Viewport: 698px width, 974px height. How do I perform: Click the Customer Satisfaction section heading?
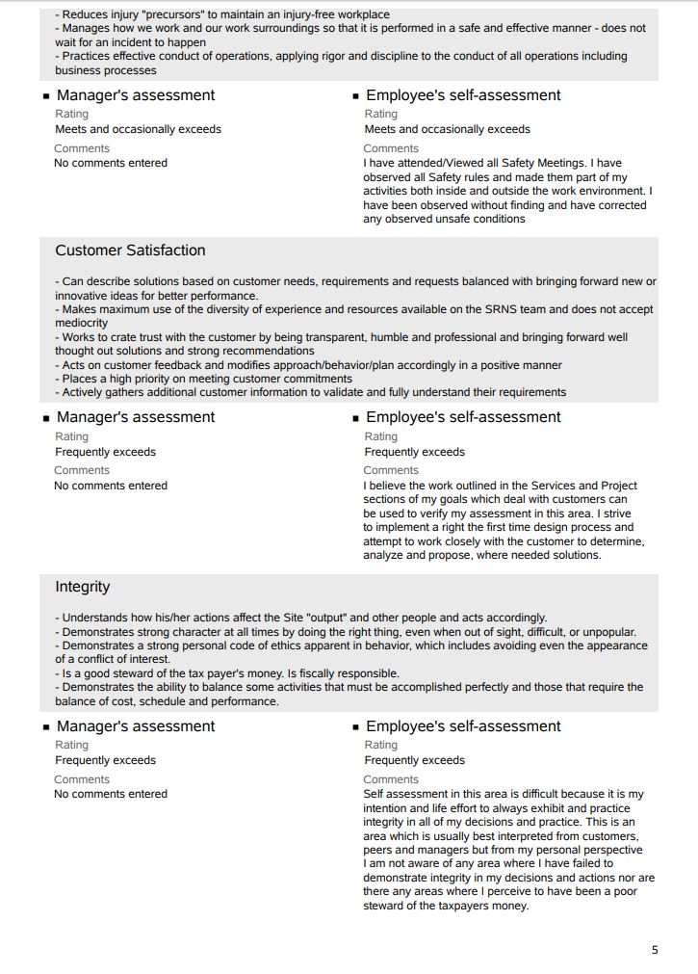[130, 250]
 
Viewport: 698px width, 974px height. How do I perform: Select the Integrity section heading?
[83, 587]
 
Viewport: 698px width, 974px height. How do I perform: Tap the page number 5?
[655, 950]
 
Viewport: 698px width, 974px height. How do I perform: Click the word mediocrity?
[82, 324]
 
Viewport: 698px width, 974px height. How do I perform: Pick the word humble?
[398, 338]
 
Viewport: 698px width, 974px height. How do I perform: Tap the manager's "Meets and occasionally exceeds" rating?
[138, 129]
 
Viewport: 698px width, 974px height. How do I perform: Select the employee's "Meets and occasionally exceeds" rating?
[447, 129]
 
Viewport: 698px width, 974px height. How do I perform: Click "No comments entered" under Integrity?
[111, 795]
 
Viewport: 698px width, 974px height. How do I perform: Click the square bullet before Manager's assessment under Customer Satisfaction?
[45, 418]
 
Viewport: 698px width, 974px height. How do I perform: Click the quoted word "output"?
[327, 618]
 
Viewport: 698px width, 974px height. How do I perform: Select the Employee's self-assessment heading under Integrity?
[463, 726]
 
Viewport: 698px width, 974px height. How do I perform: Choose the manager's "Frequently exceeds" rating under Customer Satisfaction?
[105, 452]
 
